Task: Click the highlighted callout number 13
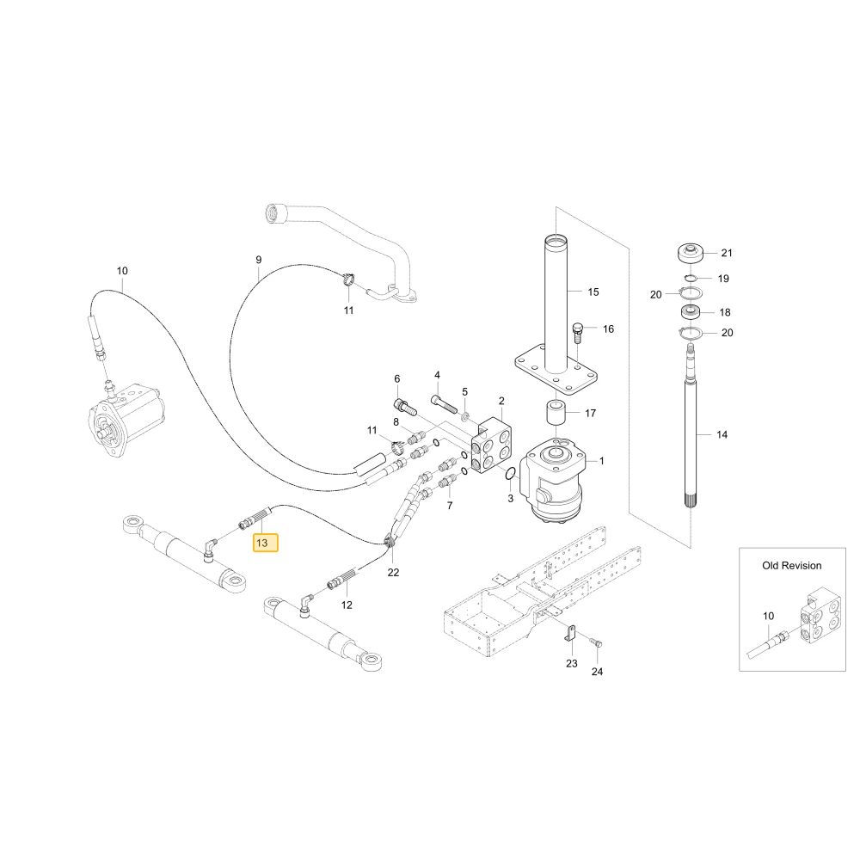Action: click(262, 543)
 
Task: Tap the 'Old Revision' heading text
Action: click(791, 566)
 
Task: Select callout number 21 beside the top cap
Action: click(727, 253)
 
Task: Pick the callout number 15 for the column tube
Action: click(593, 292)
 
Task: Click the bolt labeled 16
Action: click(577, 333)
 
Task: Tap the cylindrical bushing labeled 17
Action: click(555, 414)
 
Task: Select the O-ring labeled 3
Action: click(510, 473)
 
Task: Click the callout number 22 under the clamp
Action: click(393, 572)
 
